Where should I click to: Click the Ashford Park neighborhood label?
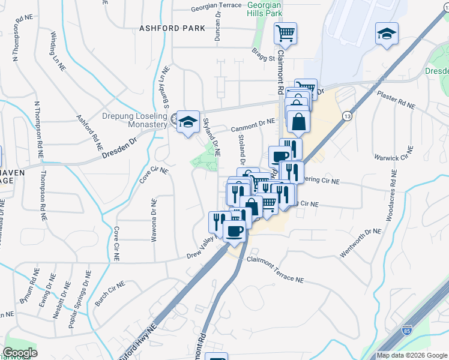[x=172, y=28]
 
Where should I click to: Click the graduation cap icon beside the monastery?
[x=188, y=122]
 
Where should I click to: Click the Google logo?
[x=20, y=353]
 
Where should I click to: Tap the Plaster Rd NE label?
[x=396, y=100]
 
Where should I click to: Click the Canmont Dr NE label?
[x=253, y=125]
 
